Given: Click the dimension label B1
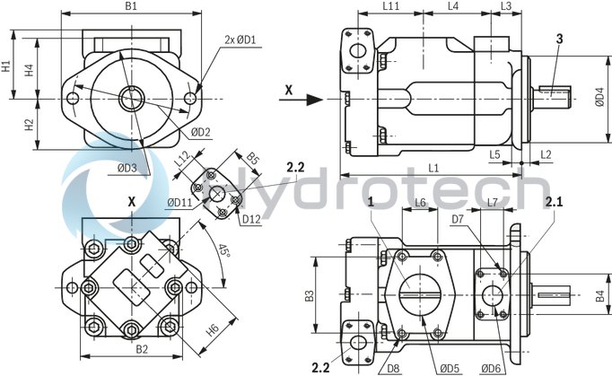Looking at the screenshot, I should click(x=130, y=7).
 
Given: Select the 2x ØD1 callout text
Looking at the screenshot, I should click(x=240, y=39).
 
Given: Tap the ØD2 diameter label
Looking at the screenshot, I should click(x=200, y=133).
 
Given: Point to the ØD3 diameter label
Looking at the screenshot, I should click(x=127, y=167).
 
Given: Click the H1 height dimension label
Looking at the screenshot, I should click(x=6, y=66).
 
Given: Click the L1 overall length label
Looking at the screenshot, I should click(x=433, y=168).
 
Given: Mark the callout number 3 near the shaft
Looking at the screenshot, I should click(x=560, y=38).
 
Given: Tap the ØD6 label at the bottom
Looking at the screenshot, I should click(x=490, y=367).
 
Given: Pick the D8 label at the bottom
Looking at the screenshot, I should click(x=393, y=367).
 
